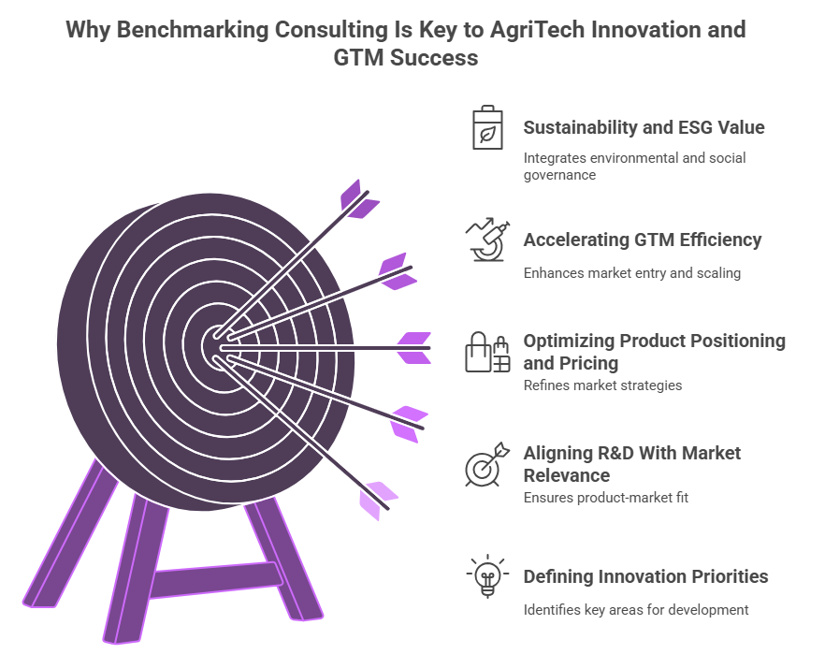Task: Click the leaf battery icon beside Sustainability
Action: point(486,128)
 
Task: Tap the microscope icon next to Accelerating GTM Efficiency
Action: point(487,240)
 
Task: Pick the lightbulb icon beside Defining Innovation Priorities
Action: point(486,576)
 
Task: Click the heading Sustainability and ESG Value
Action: point(644,127)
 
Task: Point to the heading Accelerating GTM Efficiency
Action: point(642,240)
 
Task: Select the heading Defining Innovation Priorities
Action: point(645,576)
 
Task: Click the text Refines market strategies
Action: point(603,385)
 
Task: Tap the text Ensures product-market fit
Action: point(605,497)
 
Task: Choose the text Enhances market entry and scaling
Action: point(631,273)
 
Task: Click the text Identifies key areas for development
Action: point(635,609)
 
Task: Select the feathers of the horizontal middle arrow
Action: point(413,348)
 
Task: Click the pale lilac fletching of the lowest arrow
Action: point(377,499)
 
